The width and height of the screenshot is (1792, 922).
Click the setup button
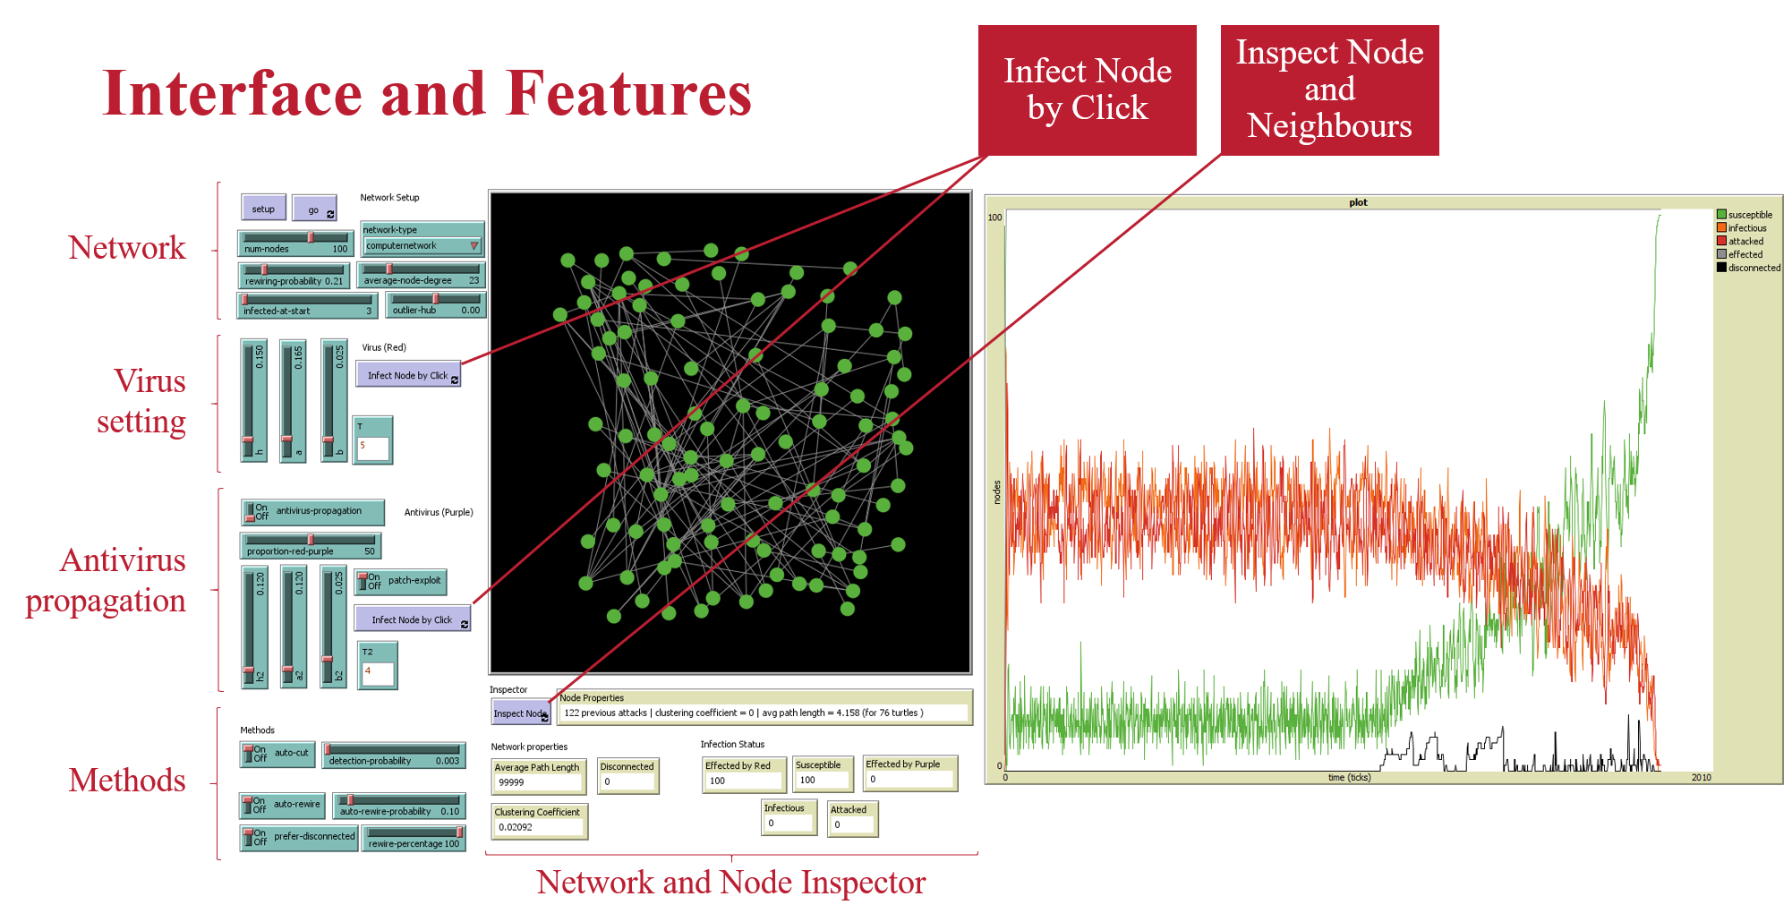pyautogui.click(x=263, y=209)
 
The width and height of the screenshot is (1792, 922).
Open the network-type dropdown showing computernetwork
pyautogui.click(x=422, y=245)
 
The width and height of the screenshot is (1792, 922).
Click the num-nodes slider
pyautogui.click(x=295, y=243)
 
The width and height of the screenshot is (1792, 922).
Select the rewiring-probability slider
pyautogui.click(x=294, y=275)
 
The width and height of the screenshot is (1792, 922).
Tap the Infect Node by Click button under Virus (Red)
pyautogui.click(x=408, y=375)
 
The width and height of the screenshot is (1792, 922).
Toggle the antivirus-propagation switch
pyautogui.click(x=312, y=511)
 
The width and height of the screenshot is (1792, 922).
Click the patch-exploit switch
pyautogui.click(x=401, y=581)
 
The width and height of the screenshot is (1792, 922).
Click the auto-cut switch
pyautogui.click(x=277, y=754)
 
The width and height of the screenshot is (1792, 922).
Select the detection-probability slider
pyautogui.click(x=394, y=755)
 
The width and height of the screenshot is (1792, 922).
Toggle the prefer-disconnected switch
pyautogui.click(x=299, y=837)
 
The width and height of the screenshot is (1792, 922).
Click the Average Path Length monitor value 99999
pyautogui.click(x=538, y=782)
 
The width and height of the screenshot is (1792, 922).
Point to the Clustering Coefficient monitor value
pyautogui.click(x=538, y=827)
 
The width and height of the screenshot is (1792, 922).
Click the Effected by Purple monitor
pyautogui.click(x=909, y=773)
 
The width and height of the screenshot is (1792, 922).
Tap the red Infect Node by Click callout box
pyautogui.click(x=1087, y=90)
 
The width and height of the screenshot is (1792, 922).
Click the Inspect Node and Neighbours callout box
pyautogui.click(x=1329, y=90)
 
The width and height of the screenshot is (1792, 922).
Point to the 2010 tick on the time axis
pyautogui.click(x=1701, y=778)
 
